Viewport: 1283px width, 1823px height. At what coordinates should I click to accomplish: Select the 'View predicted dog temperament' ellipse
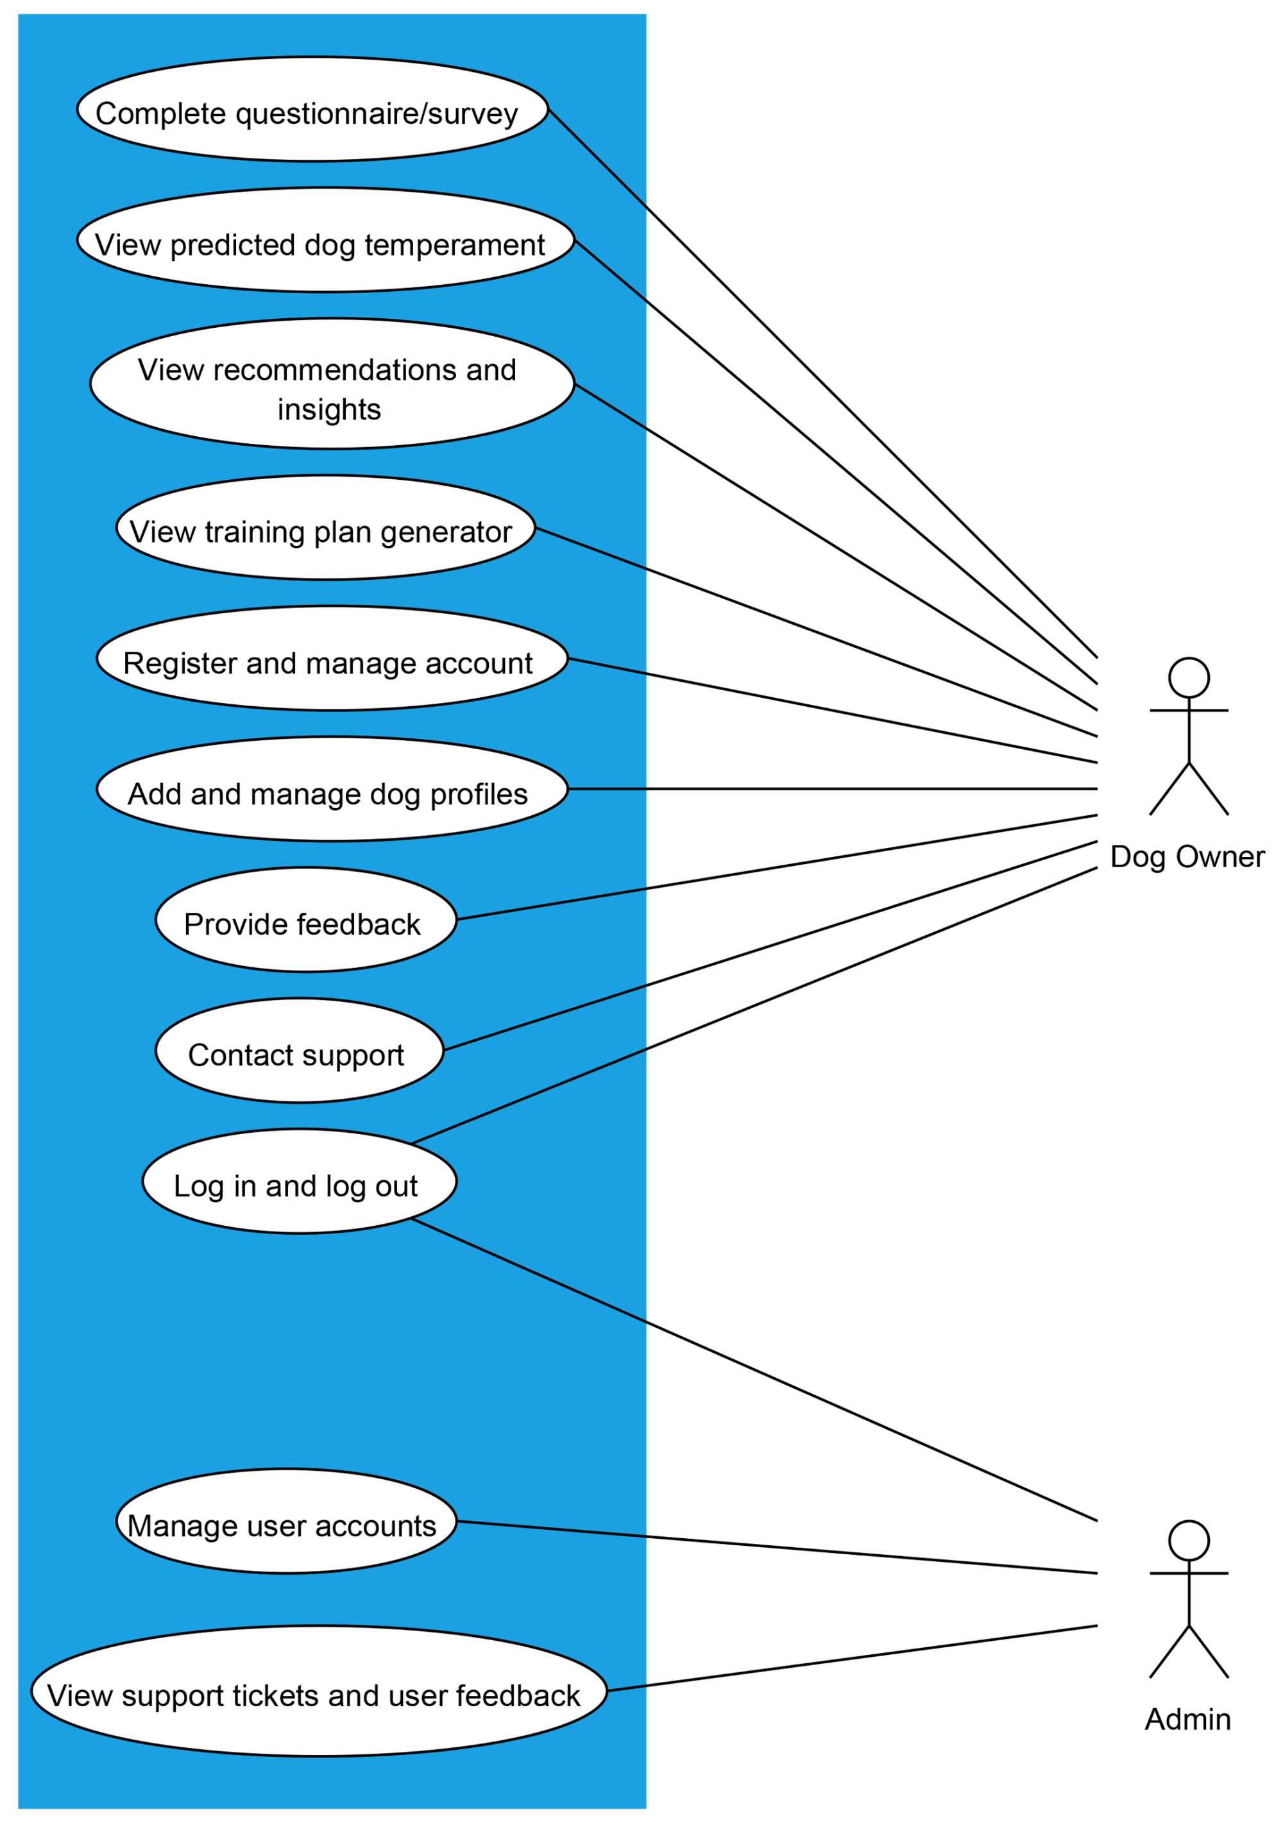pos(325,240)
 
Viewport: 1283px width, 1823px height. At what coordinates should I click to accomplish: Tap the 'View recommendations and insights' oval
pos(332,384)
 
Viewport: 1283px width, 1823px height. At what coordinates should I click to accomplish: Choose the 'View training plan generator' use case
pos(325,527)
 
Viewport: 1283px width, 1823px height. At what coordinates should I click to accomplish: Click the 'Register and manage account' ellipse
pos(332,658)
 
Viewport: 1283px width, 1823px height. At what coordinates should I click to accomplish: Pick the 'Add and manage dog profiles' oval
pos(332,788)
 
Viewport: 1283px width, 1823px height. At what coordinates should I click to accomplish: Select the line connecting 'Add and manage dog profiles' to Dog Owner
pos(834,788)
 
